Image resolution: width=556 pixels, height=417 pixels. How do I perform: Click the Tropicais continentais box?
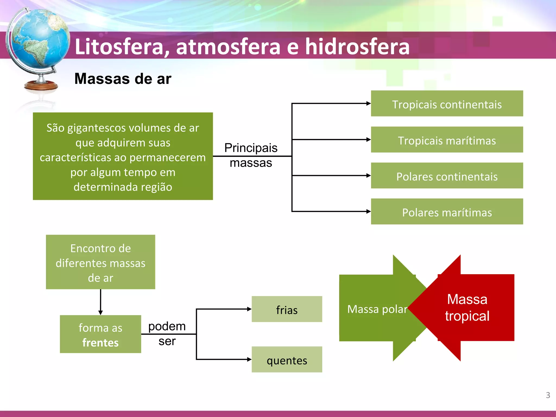pos(447,104)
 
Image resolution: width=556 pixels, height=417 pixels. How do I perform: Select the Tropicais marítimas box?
pos(447,140)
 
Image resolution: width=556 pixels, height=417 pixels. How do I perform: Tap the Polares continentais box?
pos(447,176)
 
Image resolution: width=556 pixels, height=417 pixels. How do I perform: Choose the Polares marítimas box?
pos(447,212)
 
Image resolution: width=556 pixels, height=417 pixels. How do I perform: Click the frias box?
pos(287,309)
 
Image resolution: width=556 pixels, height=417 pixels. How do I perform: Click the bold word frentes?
pos(100,343)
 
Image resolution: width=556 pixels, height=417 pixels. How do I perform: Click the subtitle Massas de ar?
pos(123,79)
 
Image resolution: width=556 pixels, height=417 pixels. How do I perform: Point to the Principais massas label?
pos(251,155)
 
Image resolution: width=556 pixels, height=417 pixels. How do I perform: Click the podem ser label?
pos(167,333)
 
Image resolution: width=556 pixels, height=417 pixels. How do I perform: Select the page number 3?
pos(548,395)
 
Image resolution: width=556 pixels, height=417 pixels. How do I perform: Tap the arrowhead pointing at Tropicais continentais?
pos(368,103)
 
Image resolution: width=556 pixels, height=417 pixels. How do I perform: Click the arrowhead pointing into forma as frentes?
pos(100,313)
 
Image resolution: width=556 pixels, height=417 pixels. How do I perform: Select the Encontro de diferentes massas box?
pos(100,262)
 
